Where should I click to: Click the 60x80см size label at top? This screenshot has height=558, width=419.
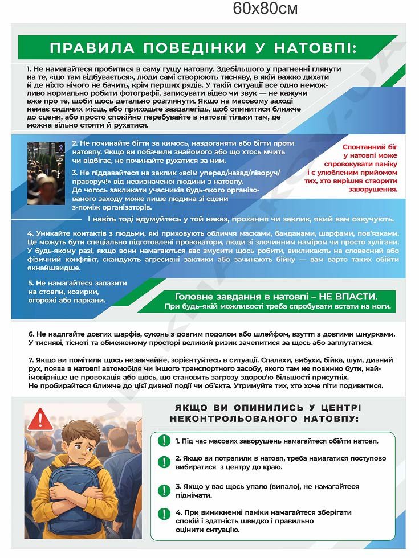pyautogui.click(x=265, y=9)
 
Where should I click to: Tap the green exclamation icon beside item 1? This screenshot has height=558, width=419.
pyautogui.click(x=164, y=441)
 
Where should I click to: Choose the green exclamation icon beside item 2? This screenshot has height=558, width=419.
pyautogui.click(x=164, y=462)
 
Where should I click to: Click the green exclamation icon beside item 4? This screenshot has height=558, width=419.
pyautogui.click(x=164, y=514)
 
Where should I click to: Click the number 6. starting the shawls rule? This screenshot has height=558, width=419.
pyautogui.click(x=31, y=333)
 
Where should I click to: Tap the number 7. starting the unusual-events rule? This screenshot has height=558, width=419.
pyautogui.click(x=31, y=360)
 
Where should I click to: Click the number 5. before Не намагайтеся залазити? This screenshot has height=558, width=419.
pyautogui.click(x=31, y=283)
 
